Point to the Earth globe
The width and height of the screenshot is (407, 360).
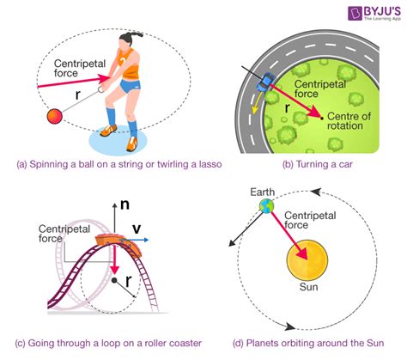[267, 206]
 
